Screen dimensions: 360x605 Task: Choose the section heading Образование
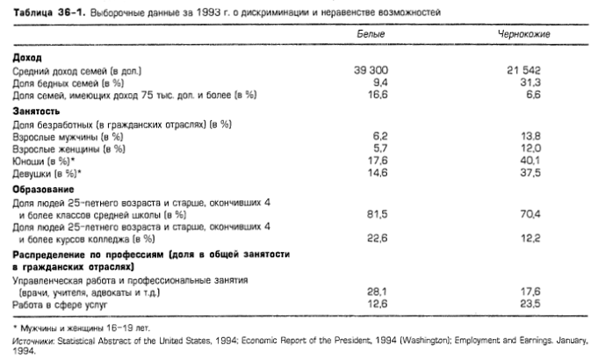tap(42, 189)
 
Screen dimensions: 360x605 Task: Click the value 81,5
tap(377, 213)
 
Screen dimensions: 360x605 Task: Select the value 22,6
tap(377, 237)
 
